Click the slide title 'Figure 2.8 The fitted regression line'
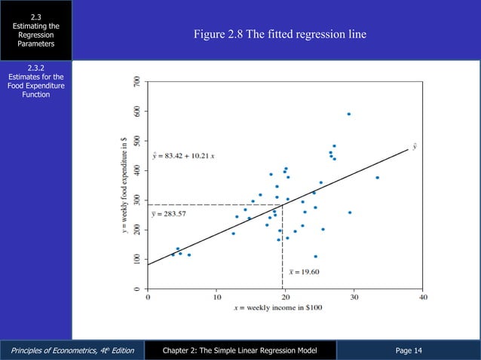tap(280, 35)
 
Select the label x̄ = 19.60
tap(305, 271)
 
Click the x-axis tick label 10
tap(216, 297)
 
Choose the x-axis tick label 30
tap(354, 297)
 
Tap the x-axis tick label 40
tap(423, 297)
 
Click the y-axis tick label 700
tap(136, 81)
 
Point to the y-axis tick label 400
tap(136, 170)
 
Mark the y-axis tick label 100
tap(136, 259)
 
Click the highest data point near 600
tap(348, 114)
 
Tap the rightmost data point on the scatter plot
tap(377, 178)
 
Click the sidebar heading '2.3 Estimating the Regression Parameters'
tap(36, 30)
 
